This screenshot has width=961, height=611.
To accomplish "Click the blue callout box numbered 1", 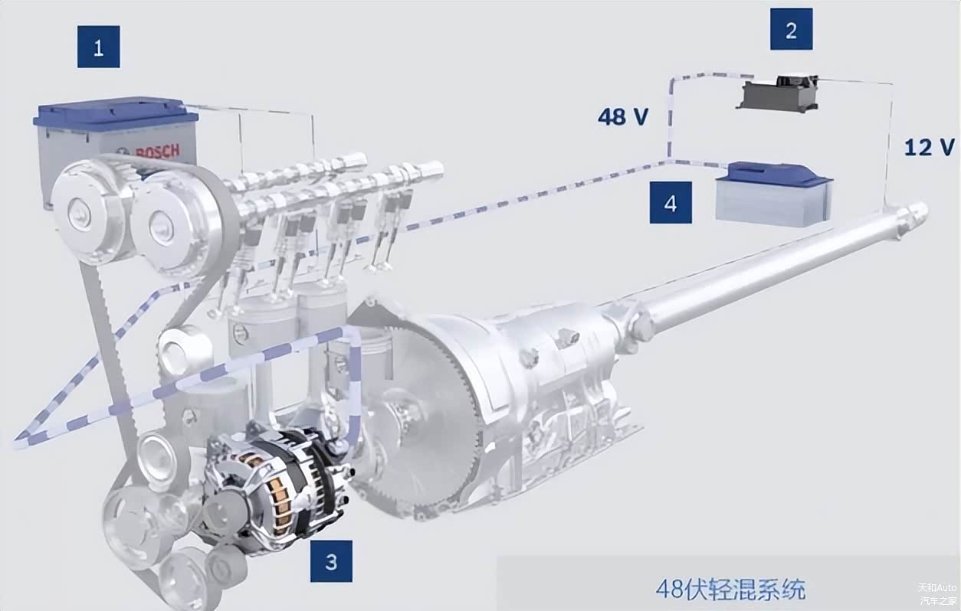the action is pos(98,47).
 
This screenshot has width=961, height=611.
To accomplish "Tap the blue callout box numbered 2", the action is pos(791,29).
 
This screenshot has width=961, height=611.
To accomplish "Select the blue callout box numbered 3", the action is pos(331,561).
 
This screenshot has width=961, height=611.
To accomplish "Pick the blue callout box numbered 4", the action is pos(671,202).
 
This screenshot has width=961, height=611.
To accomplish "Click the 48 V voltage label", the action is pos(623,116).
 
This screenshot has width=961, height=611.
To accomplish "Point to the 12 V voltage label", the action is pos(930,147).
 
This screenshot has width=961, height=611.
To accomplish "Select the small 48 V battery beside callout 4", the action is pos(774,194).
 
